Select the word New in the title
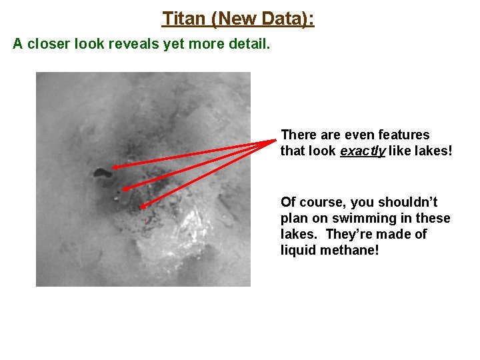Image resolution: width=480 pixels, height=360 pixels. click(x=234, y=19)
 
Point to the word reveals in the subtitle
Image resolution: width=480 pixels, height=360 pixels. click(x=141, y=44)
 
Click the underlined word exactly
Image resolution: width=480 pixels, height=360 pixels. click(x=361, y=151)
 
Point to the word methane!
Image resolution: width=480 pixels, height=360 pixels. click(x=351, y=251)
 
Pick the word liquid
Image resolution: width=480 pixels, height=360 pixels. click(x=298, y=251)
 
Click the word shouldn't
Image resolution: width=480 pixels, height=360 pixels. click(x=407, y=202)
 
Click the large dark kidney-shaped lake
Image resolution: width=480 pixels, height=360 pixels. click(x=103, y=173)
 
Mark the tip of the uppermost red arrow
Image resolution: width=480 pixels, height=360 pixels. click(x=113, y=168)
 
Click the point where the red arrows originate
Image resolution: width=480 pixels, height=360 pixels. click(x=275, y=140)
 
